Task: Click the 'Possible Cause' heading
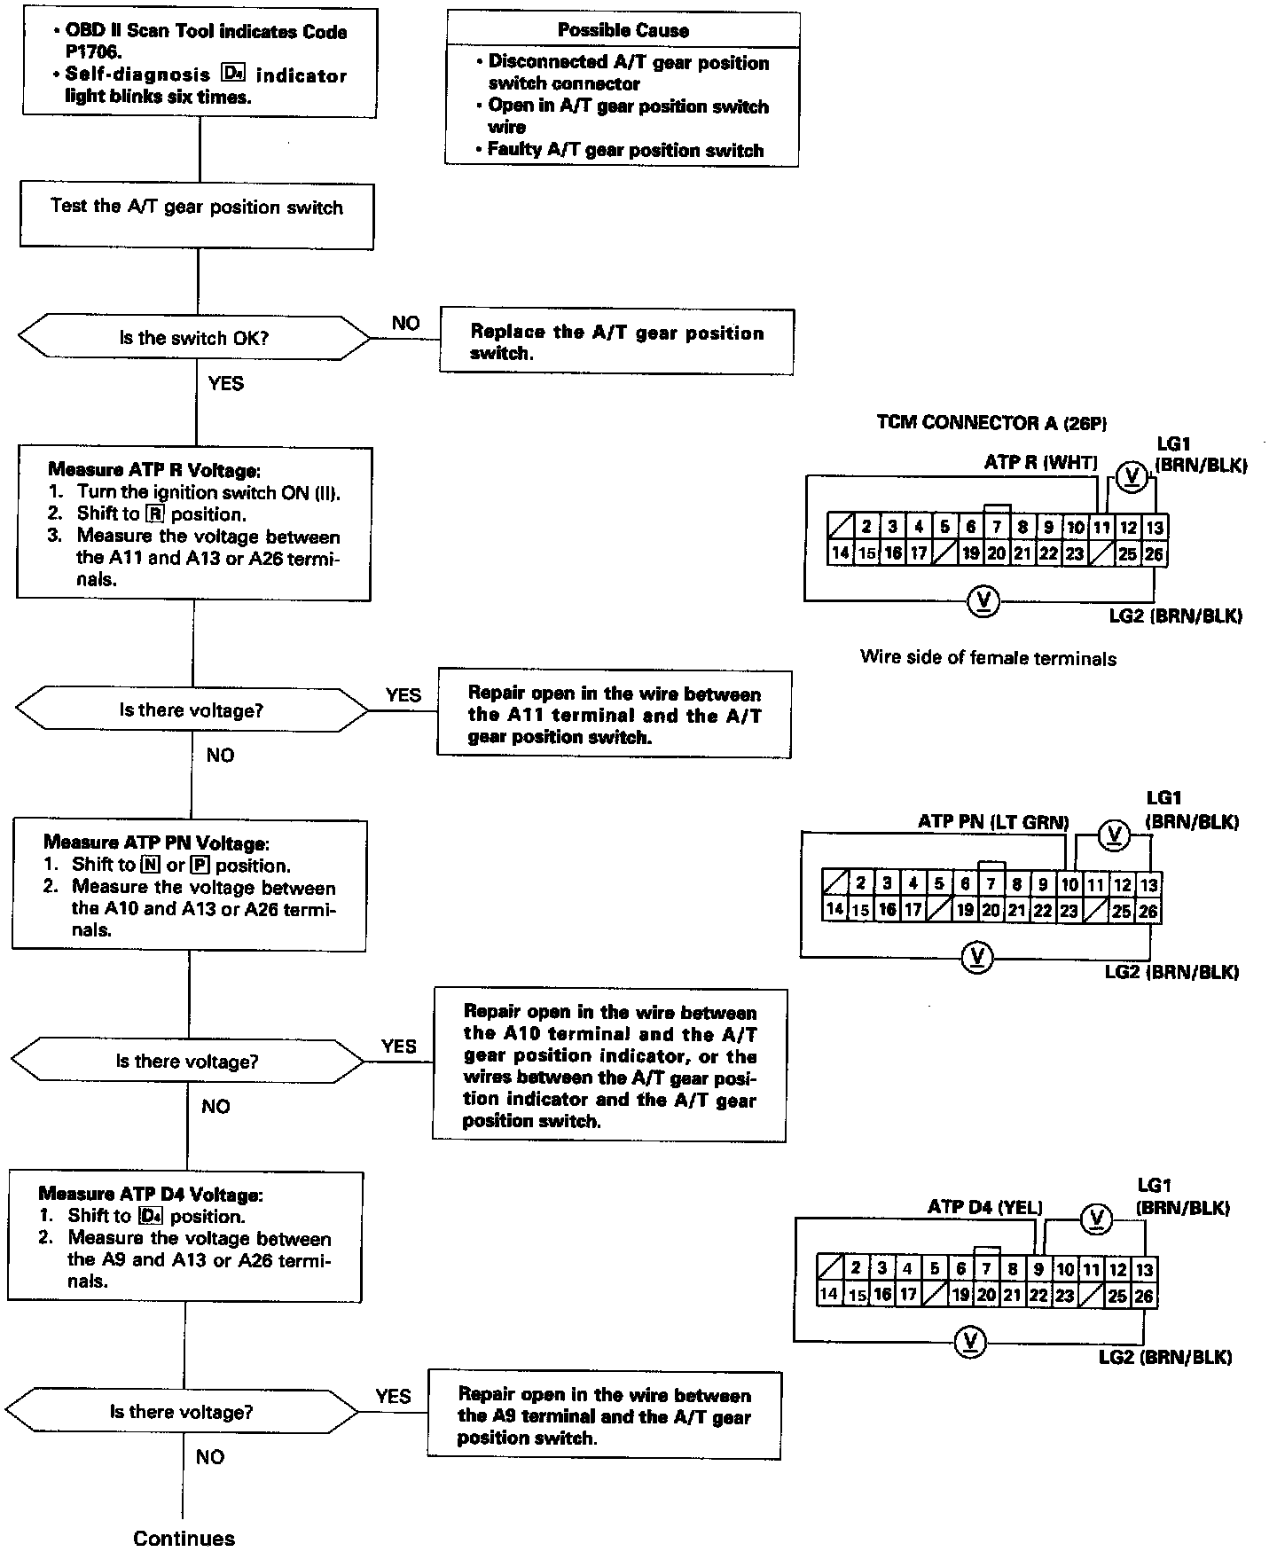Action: point(623,30)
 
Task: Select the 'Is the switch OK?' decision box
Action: point(193,338)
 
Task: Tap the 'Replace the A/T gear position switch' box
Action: point(616,342)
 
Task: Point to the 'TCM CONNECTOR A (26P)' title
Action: point(991,423)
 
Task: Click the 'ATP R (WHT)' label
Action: point(1040,462)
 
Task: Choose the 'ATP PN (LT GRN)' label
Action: point(993,822)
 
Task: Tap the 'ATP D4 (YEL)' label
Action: point(984,1207)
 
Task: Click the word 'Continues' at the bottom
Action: point(184,1539)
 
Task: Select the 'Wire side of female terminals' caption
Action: point(988,658)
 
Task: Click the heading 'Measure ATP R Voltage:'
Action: point(154,470)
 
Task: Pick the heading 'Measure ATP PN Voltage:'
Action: point(156,843)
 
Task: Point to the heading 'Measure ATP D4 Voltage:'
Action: point(151,1195)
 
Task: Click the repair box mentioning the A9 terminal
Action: point(604,1416)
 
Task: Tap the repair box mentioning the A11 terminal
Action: point(614,715)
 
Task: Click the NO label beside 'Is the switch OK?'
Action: point(405,324)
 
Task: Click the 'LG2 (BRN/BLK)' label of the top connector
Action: point(1175,616)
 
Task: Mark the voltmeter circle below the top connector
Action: point(982,601)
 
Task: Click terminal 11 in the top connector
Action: point(1101,528)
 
